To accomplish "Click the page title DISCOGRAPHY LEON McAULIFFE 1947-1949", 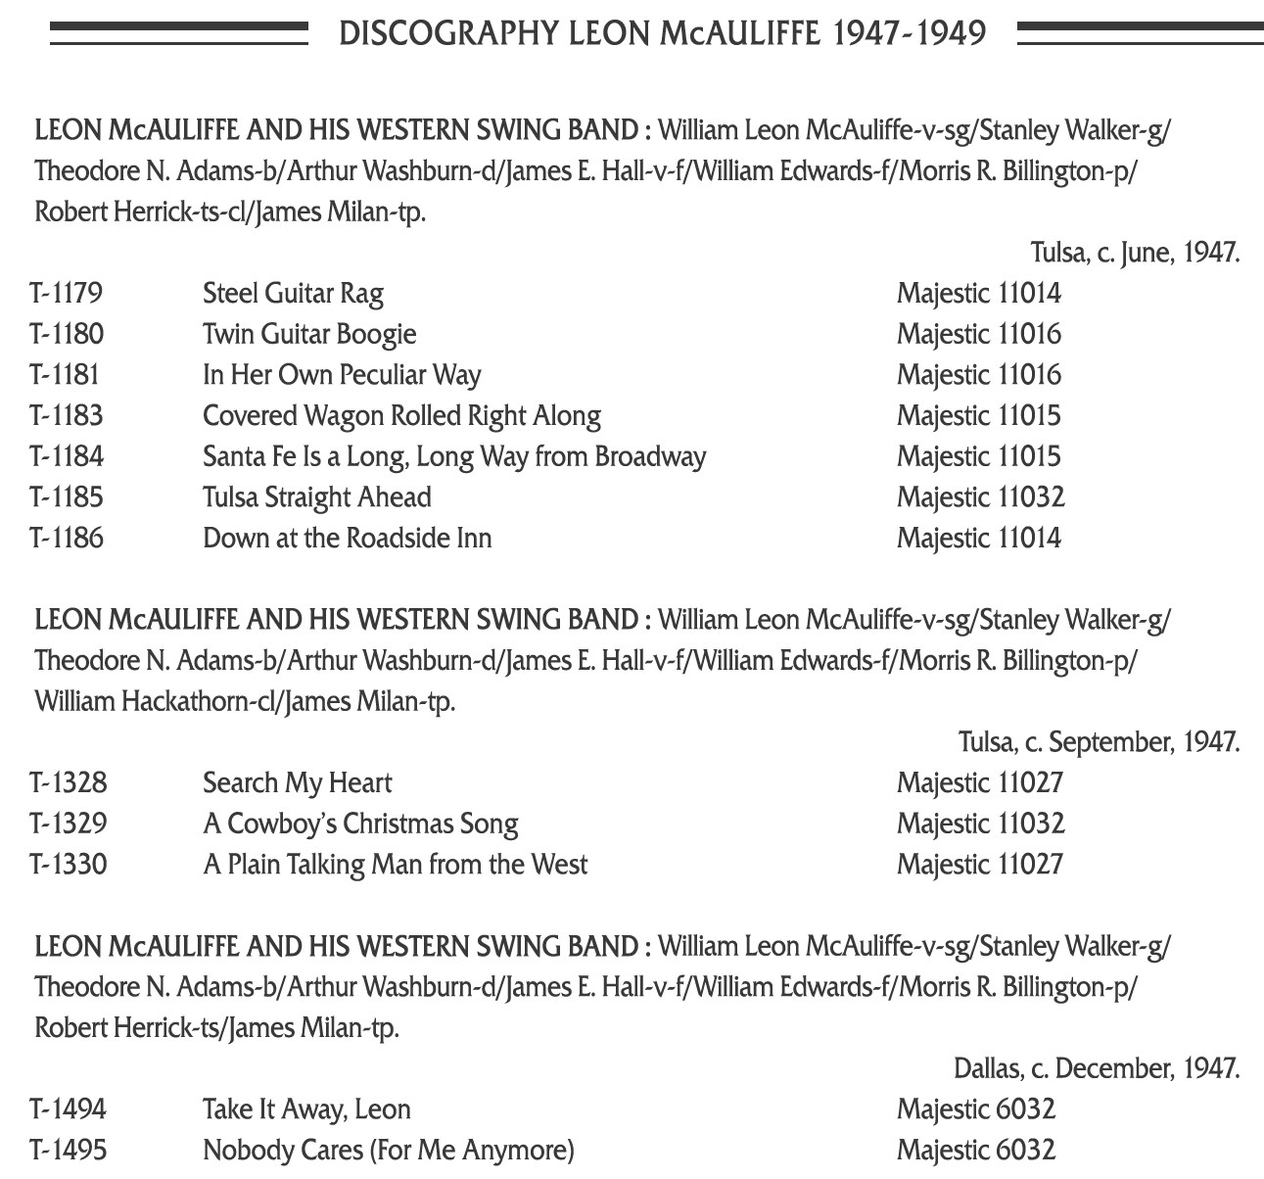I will [662, 33].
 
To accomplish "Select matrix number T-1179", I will [67, 293].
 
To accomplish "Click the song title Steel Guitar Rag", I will [293, 293].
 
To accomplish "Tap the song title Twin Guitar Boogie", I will [309, 334].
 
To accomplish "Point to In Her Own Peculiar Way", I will [342, 375].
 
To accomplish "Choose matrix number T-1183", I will [67, 416].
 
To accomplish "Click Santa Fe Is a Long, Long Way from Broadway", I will [454, 456].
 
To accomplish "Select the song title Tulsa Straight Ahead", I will [316, 497].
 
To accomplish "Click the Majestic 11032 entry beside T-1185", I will [980, 497].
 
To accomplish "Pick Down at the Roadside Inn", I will [347, 539].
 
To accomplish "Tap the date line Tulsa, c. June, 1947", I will [1135, 253].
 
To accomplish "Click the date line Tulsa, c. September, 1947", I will [1099, 742].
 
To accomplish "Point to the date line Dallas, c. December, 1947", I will [1097, 1068].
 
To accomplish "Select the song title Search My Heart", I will [297, 783].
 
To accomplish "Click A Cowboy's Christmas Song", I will [360, 824].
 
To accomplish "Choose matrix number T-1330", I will [68, 865].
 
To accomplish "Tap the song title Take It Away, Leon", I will [306, 1109].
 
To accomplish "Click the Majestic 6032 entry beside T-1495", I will [976, 1151].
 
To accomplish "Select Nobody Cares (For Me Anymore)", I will [388, 1151].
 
